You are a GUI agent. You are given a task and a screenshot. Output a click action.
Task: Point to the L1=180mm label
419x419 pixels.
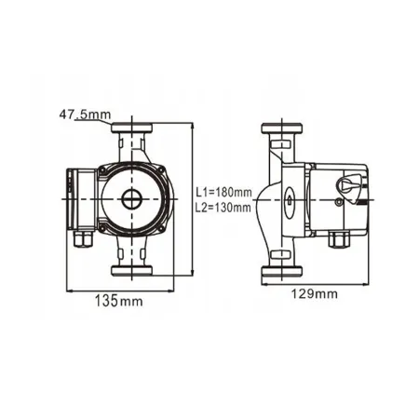224,193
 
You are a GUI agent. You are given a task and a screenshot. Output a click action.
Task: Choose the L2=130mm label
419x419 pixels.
224,208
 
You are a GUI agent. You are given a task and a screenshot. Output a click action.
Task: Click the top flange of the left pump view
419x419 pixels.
135,126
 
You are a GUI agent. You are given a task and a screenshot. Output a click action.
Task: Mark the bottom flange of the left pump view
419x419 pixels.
135,272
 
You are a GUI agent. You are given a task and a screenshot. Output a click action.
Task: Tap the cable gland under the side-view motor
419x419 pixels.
336,238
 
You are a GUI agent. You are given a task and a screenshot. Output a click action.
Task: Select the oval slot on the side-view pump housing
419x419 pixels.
288,198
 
